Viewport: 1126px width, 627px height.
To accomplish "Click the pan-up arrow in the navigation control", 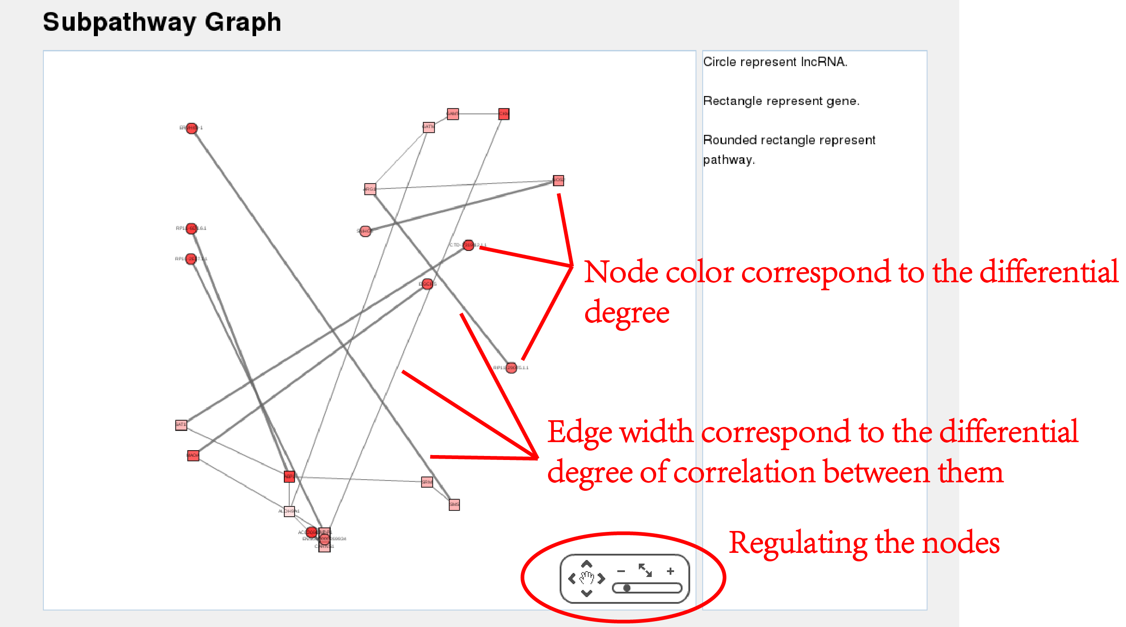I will [586, 564].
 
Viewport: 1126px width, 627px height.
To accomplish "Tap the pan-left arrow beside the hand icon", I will [572, 579].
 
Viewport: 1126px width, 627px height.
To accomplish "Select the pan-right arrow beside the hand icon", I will [602, 579].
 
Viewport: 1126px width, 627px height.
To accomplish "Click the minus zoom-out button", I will [621, 571].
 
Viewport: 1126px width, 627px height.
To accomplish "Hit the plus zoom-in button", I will [670, 571].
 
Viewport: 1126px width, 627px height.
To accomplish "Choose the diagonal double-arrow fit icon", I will [645, 570].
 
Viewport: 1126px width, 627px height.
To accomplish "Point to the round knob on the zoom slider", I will [627, 588].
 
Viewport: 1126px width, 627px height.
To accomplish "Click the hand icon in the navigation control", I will [586, 578].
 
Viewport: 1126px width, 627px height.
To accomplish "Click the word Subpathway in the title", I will [119, 22].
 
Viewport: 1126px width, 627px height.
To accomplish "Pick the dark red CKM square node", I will [504, 114].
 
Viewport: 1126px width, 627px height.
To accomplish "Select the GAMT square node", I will [453, 114].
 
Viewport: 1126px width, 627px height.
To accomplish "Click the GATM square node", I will [429, 127].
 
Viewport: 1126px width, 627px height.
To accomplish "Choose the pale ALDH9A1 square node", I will [290, 511].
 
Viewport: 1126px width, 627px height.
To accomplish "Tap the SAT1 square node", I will [181, 425].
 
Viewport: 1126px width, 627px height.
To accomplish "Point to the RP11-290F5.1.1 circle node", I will [511, 368].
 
